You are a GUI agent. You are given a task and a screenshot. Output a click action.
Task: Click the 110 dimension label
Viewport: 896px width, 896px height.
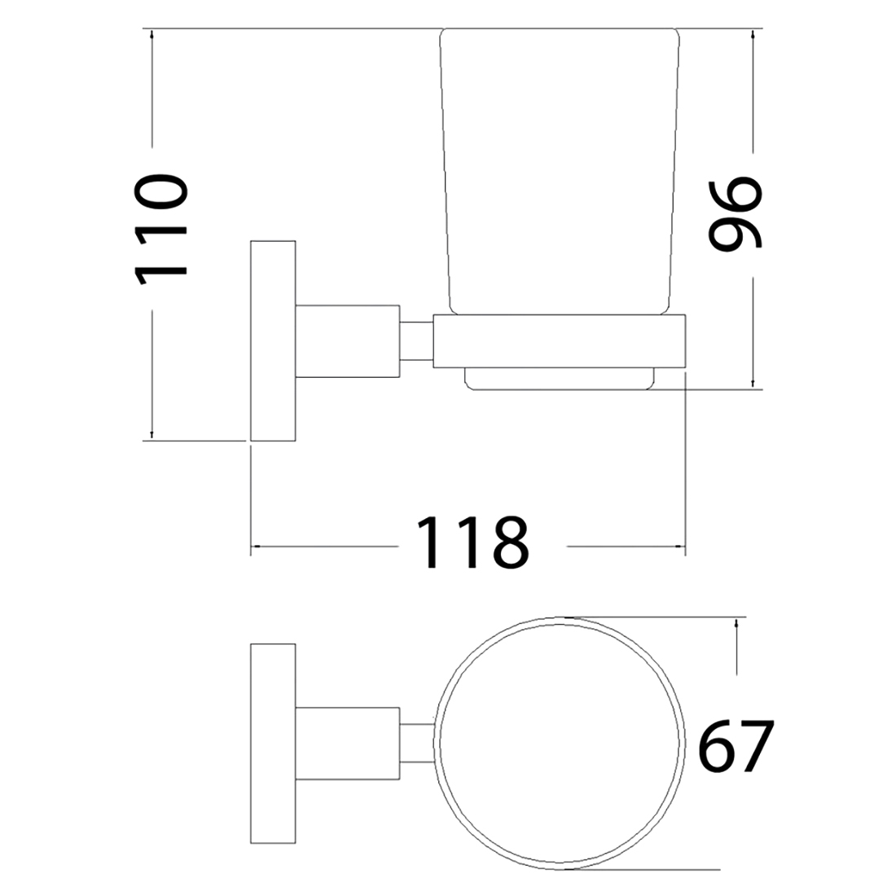tap(161, 229)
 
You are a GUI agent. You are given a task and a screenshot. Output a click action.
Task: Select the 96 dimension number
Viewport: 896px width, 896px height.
tap(735, 213)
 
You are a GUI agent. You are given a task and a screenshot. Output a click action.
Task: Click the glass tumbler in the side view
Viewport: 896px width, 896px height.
tap(560, 171)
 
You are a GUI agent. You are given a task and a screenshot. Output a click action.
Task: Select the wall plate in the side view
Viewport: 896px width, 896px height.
tap(273, 340)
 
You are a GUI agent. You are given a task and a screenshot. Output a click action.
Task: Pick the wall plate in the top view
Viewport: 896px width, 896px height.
tap(273, 744)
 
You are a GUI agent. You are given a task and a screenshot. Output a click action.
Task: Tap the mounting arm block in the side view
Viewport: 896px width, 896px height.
tap(348, 341)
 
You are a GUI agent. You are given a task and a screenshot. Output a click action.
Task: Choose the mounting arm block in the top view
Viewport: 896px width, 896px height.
tap(348, 744)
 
